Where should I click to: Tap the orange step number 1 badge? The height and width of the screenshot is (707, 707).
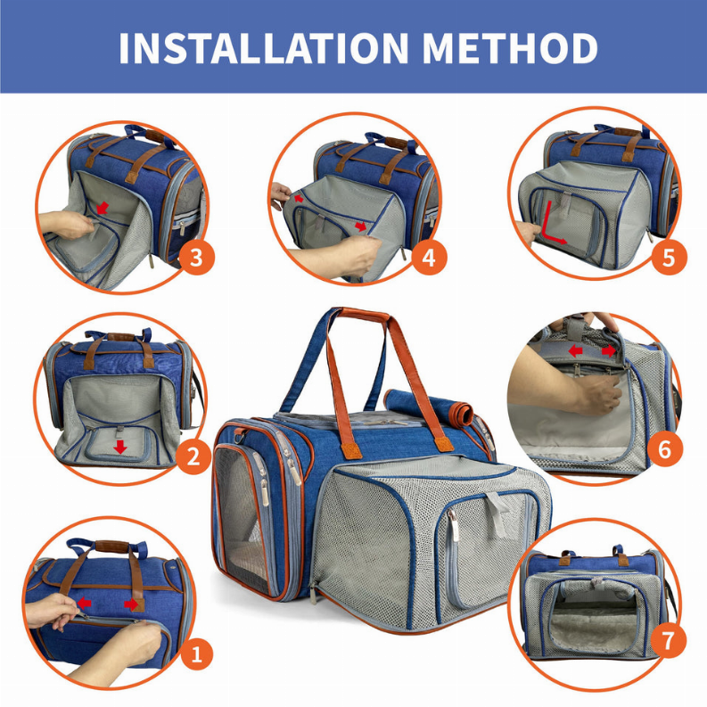tap(197, 656)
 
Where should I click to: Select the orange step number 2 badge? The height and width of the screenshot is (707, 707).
tap(193, 458)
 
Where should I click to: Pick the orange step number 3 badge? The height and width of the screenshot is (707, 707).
tap(197, 259)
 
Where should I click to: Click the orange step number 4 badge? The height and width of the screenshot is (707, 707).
tap(429, 259)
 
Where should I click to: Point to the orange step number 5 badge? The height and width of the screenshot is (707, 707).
tap(670, 259)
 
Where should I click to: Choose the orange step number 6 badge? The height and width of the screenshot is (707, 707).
tap(664, 449)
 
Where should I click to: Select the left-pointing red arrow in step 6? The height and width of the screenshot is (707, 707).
tap(577, 351)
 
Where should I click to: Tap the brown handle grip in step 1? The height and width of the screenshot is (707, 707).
tap(114, 546)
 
